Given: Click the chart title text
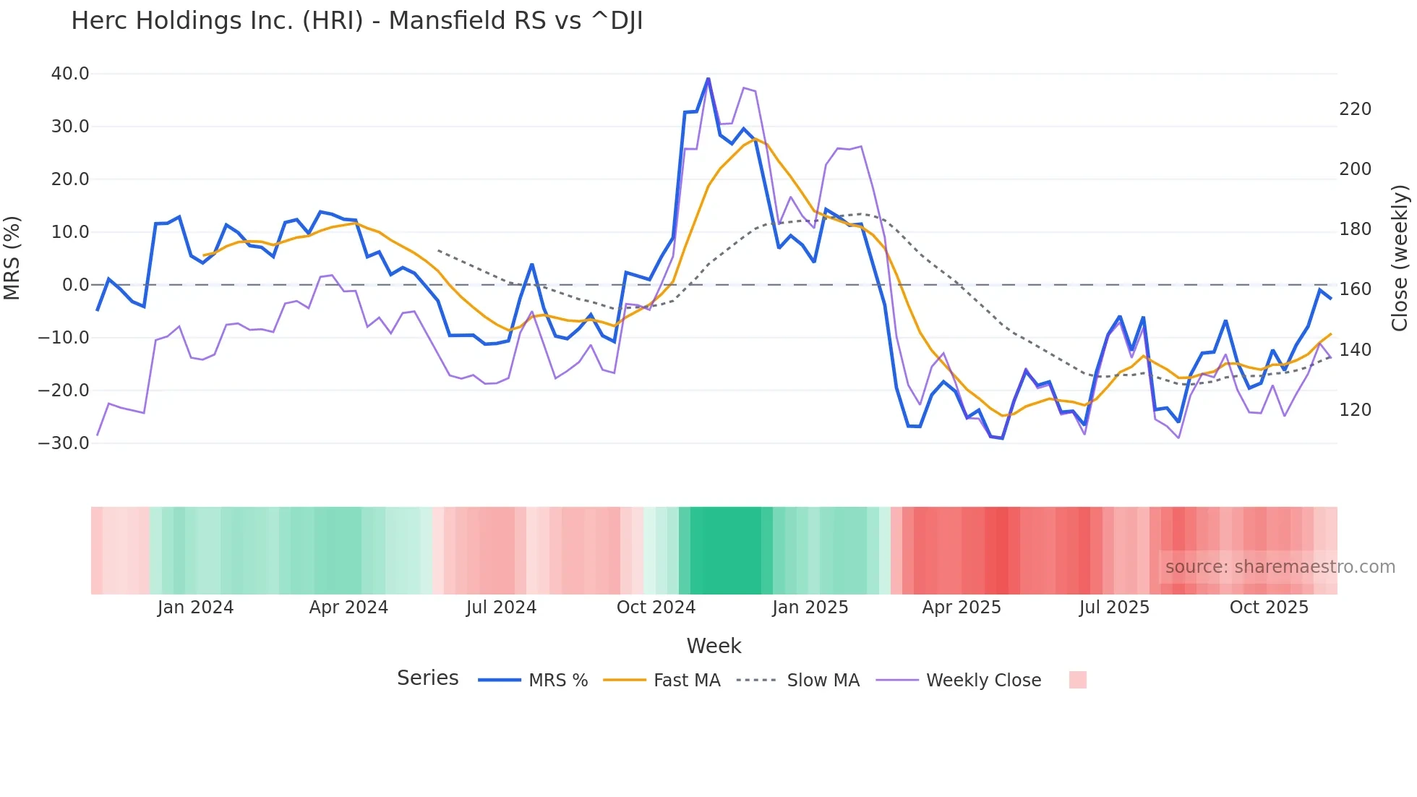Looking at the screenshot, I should pyautogui.click(x=356, y=21).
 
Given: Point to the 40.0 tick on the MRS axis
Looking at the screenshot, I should pyautogui.click(x=70, y=74).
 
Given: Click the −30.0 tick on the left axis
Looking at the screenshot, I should pyautogui.click(x=64, y=443).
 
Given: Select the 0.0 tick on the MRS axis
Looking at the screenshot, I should pyautogui.click(x=75, y=285).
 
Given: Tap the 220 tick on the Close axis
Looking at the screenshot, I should pyautogui.click(x=1355, y=109).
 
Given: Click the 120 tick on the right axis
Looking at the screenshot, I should pyautogui.click(x=1355, y=410).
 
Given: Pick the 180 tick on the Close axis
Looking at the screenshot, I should pyautogui.click(x=1355, y=229).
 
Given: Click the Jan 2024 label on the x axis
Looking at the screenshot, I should pyautogui.click(x=195, y=608).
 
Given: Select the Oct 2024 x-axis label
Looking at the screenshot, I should pyautogui.click(x=656, y=608).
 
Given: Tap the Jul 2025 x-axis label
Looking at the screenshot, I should pyautogui.click(x=1114, y=608).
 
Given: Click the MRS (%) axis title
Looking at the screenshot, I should pyautogui.click(x=12, y=258).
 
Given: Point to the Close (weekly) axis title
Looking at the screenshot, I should pyautogui.click(x=1400, y=258).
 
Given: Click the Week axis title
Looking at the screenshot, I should pyautogui.click(x=714, y=646).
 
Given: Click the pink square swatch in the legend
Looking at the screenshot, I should pyautogui.click(x=1077, y=680).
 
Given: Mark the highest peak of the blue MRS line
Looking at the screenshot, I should pyautogui.click(x=708, y=78).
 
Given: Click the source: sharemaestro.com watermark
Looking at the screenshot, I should pyautogui.click(x=1280, y=567).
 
